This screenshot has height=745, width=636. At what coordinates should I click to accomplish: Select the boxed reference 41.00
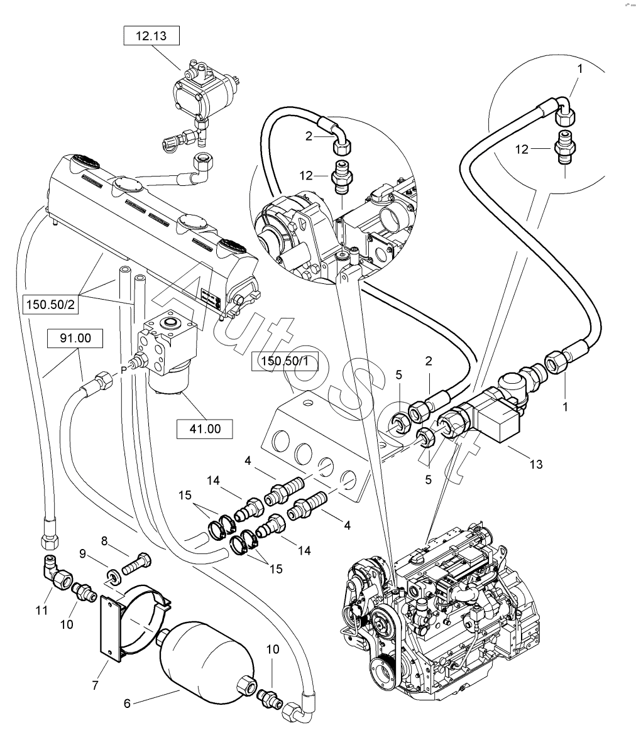[x=205, y=429]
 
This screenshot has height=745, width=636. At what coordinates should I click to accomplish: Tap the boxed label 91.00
[x=75, y=339]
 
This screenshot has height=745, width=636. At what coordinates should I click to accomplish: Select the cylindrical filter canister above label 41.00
[x=169, y=383]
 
